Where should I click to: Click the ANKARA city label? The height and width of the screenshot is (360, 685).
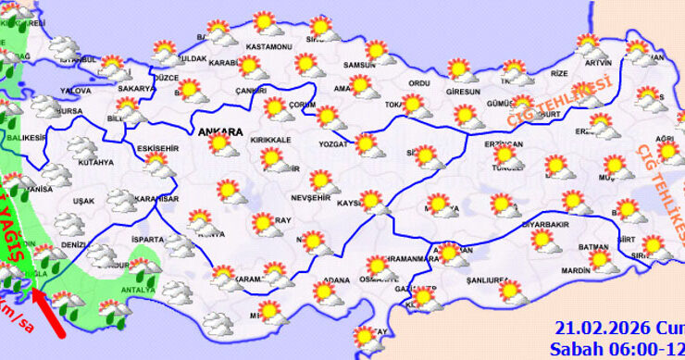pyautogui.click(x=220, y=132)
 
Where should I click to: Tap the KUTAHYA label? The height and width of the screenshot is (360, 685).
pyautogui.click(x=95, y=163)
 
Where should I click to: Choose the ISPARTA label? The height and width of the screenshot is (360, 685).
pyautogui.click(x=149, y=239)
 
